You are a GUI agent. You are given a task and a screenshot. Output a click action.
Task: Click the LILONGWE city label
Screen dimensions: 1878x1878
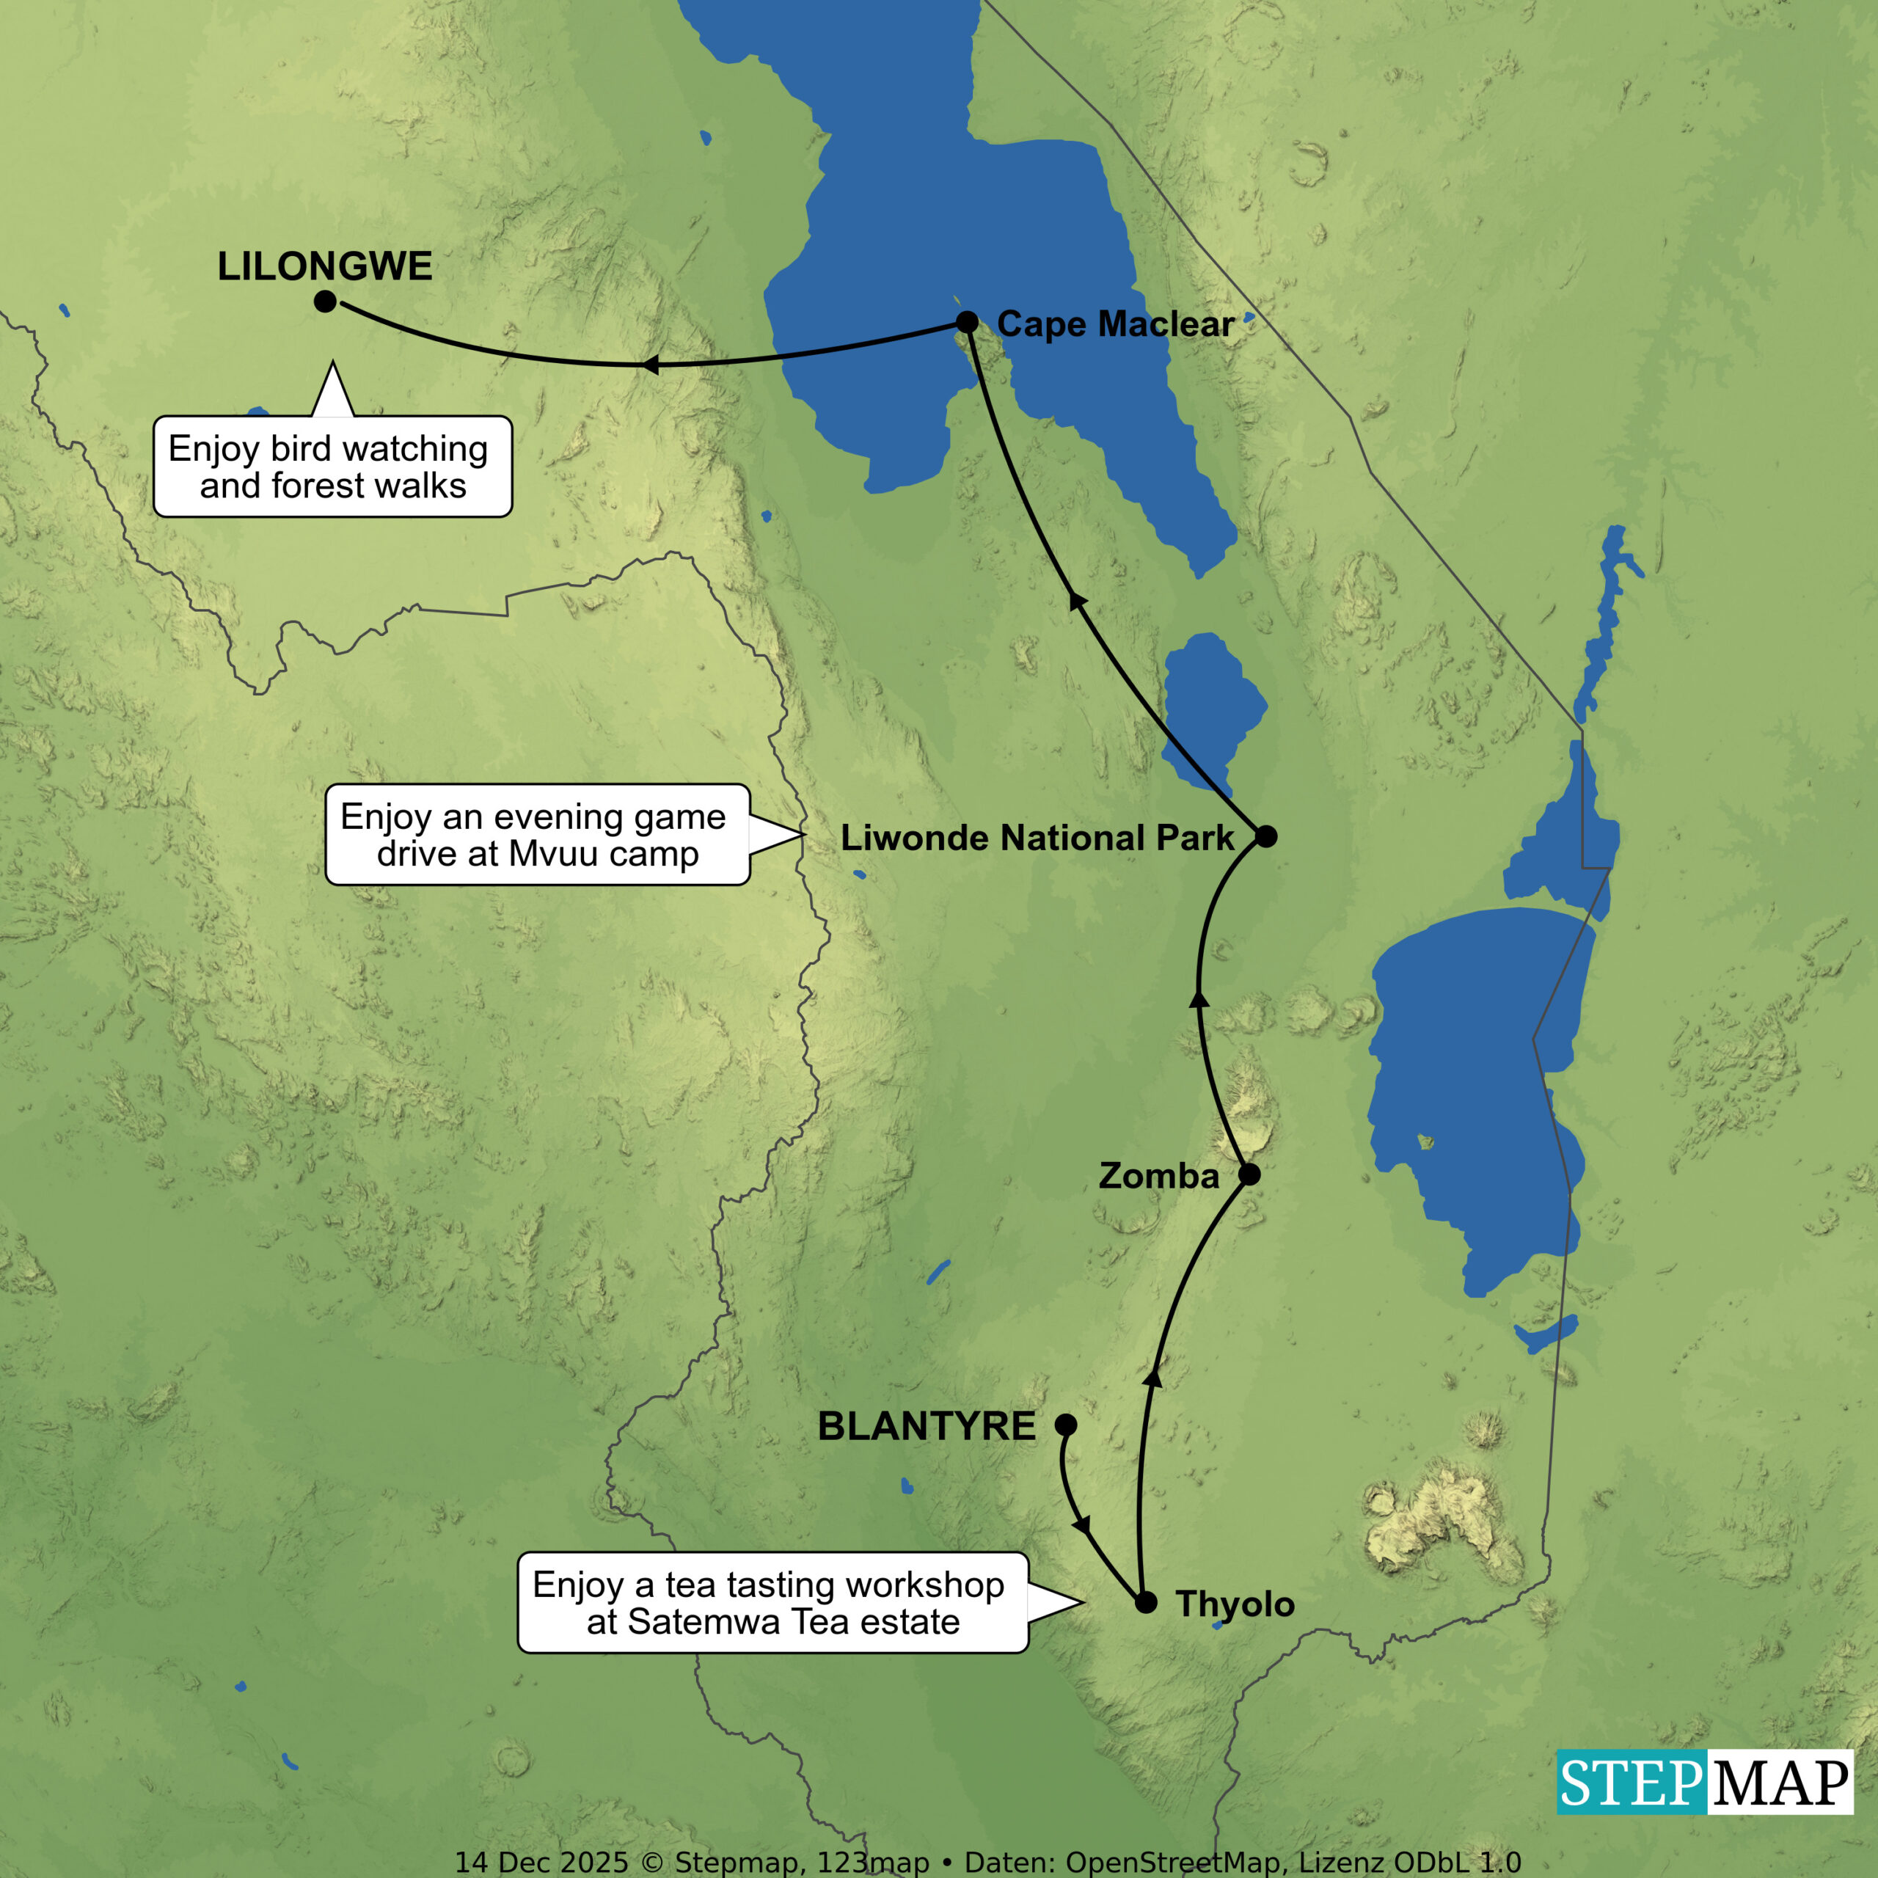(325, 266)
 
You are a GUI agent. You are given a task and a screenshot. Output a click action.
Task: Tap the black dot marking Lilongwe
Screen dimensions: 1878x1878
(326, 302)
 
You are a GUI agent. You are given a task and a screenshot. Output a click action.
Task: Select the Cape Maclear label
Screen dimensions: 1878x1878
(1115, 324)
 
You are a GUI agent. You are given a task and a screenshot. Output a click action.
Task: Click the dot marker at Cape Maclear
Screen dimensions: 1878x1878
(967, 322)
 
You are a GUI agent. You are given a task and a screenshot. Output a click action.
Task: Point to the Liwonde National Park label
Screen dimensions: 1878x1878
(1037, 837)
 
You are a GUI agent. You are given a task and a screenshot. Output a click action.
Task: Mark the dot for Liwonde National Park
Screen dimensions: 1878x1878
(1265, 836)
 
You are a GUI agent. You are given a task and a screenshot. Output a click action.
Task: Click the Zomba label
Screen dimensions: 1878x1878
(1158, 1176)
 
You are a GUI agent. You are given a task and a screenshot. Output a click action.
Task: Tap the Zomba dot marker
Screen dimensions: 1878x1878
(1250, 1174)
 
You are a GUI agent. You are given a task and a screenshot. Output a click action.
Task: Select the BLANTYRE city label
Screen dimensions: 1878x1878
(927, 1426)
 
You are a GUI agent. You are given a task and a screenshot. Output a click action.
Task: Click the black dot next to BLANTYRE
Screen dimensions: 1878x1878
(1067, 1425)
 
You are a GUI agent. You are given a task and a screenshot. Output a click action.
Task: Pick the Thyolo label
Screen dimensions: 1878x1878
(1235, 1604)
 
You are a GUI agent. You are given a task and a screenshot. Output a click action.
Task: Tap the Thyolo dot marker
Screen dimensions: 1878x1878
(1146, 1603)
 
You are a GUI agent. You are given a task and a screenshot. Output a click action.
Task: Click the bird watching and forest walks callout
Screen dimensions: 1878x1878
(332, 467)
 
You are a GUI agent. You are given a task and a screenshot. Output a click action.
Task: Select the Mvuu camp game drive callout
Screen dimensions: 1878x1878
(536, 834)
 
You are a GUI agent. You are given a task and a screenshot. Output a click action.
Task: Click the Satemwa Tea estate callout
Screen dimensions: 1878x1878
(772, 1603)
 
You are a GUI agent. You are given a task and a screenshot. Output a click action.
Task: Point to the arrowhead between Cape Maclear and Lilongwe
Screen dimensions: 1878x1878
(649, 365)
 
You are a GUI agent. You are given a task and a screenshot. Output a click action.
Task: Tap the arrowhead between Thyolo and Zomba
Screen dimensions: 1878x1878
(1153, 1375)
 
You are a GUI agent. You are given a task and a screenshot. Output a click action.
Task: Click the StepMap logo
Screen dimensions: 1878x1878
(1704, 1782)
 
